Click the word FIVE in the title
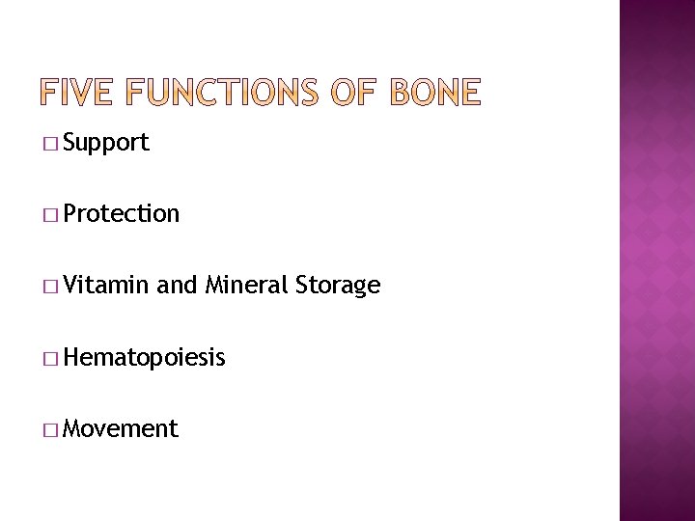coord(76,93)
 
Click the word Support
coord(106,144)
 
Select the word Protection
coord(122,214)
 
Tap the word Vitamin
coord(106,286)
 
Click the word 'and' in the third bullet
coord(176,286)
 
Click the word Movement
coord(121,428)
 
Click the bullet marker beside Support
coord(49,145)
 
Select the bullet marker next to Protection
coord(49,215)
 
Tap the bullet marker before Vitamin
coord(49,287)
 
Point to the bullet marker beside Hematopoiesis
coord(49,359)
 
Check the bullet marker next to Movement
coord(49,429)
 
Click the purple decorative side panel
coord(656,260)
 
